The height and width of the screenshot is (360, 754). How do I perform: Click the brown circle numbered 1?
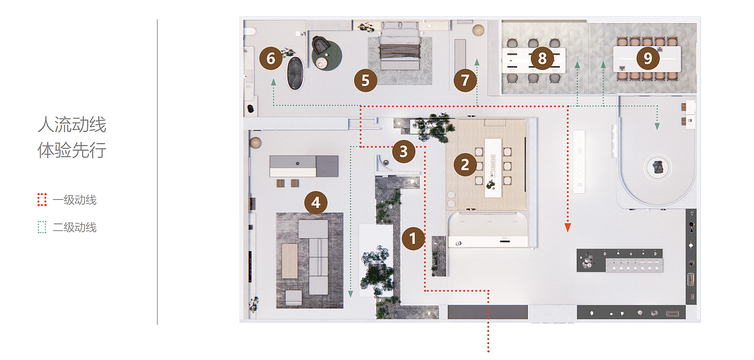(414, 239)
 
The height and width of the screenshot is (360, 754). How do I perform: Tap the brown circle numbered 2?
(465, 164)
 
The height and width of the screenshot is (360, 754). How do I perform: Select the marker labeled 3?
(404, 151)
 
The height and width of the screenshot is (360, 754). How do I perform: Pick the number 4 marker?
(316, 203)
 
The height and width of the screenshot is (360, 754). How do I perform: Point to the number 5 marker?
(366, 81)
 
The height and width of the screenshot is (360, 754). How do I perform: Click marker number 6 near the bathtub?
(270, 58)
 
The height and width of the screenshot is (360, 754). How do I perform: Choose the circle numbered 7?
(465, 81)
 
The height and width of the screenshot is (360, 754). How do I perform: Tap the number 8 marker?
(543, 58)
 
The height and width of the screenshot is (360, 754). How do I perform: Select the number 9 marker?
(648, 58)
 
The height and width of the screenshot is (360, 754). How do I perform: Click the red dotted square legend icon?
(42, 200)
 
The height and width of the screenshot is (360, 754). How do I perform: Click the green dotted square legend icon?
(42, 227)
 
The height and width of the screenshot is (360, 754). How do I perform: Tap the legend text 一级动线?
(75, 200)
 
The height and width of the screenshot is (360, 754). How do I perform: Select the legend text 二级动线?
(75, 227)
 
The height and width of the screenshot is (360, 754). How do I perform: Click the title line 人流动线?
(72, 124)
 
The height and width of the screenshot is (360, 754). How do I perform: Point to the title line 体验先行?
(72, 150)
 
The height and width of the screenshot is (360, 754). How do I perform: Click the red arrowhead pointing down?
(568, 227)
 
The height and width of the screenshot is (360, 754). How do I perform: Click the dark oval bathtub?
(295, 74)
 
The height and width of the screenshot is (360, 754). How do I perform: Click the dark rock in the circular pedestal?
(658, 167)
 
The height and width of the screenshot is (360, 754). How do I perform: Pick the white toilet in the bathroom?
(249, 31)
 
